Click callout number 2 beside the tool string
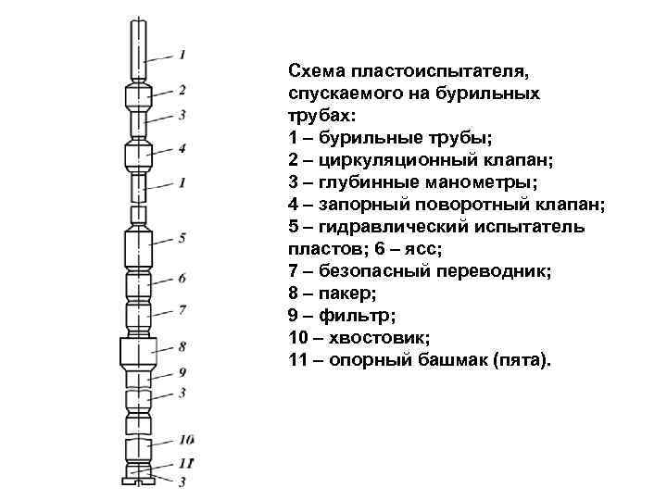(183, 89)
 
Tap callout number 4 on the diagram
(183, 147)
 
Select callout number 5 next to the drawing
(183, 237)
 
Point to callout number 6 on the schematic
(182, 277)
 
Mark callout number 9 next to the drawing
(183, 370)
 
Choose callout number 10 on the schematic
(186, 438)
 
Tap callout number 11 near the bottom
(186, 461)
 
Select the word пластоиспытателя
(440, 72)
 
